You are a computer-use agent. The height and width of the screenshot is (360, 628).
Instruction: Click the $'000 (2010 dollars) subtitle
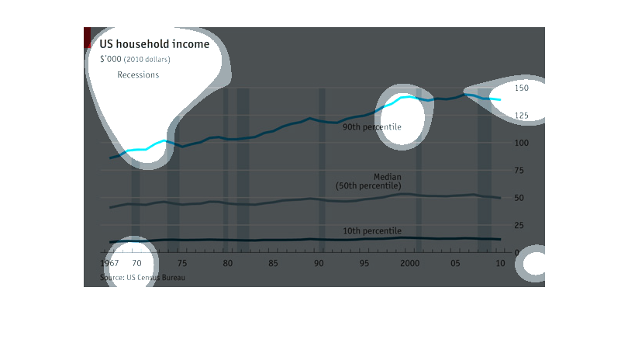(135, 59)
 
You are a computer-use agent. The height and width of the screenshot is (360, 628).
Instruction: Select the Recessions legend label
(138, 75)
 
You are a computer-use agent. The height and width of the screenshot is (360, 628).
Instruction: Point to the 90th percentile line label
(372, 126)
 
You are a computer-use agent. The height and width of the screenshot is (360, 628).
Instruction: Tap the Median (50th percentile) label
(369, 182)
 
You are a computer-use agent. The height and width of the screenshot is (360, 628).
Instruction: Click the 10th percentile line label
(372, 230)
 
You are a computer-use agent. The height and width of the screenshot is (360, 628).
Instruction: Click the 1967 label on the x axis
(110, 264)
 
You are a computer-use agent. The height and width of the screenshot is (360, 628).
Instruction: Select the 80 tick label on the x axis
(228, 264)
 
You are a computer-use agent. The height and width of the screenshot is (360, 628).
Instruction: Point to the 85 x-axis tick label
(274, 264)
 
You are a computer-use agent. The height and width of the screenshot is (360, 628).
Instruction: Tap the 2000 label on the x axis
(409, 264)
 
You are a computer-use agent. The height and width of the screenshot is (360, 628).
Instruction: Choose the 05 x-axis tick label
(456, 264)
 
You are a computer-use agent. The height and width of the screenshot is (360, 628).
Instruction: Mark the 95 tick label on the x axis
(364, 264)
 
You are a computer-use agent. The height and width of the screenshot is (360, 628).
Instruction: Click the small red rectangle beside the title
(88, 37)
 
